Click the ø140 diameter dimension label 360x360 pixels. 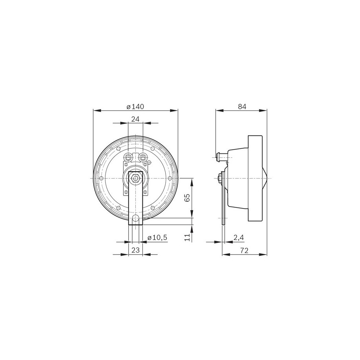point(135,107)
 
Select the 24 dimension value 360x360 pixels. point(135,119)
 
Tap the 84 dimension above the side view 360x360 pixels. point(242,107)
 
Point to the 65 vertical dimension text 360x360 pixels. point(187,198)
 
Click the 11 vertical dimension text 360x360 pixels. point(188,237)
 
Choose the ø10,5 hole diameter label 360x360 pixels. point(157,237)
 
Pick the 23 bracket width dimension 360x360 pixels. point(135,250)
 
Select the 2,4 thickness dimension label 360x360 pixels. point(238,238)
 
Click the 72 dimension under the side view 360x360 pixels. point(244,250)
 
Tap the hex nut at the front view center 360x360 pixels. point(135,178)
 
